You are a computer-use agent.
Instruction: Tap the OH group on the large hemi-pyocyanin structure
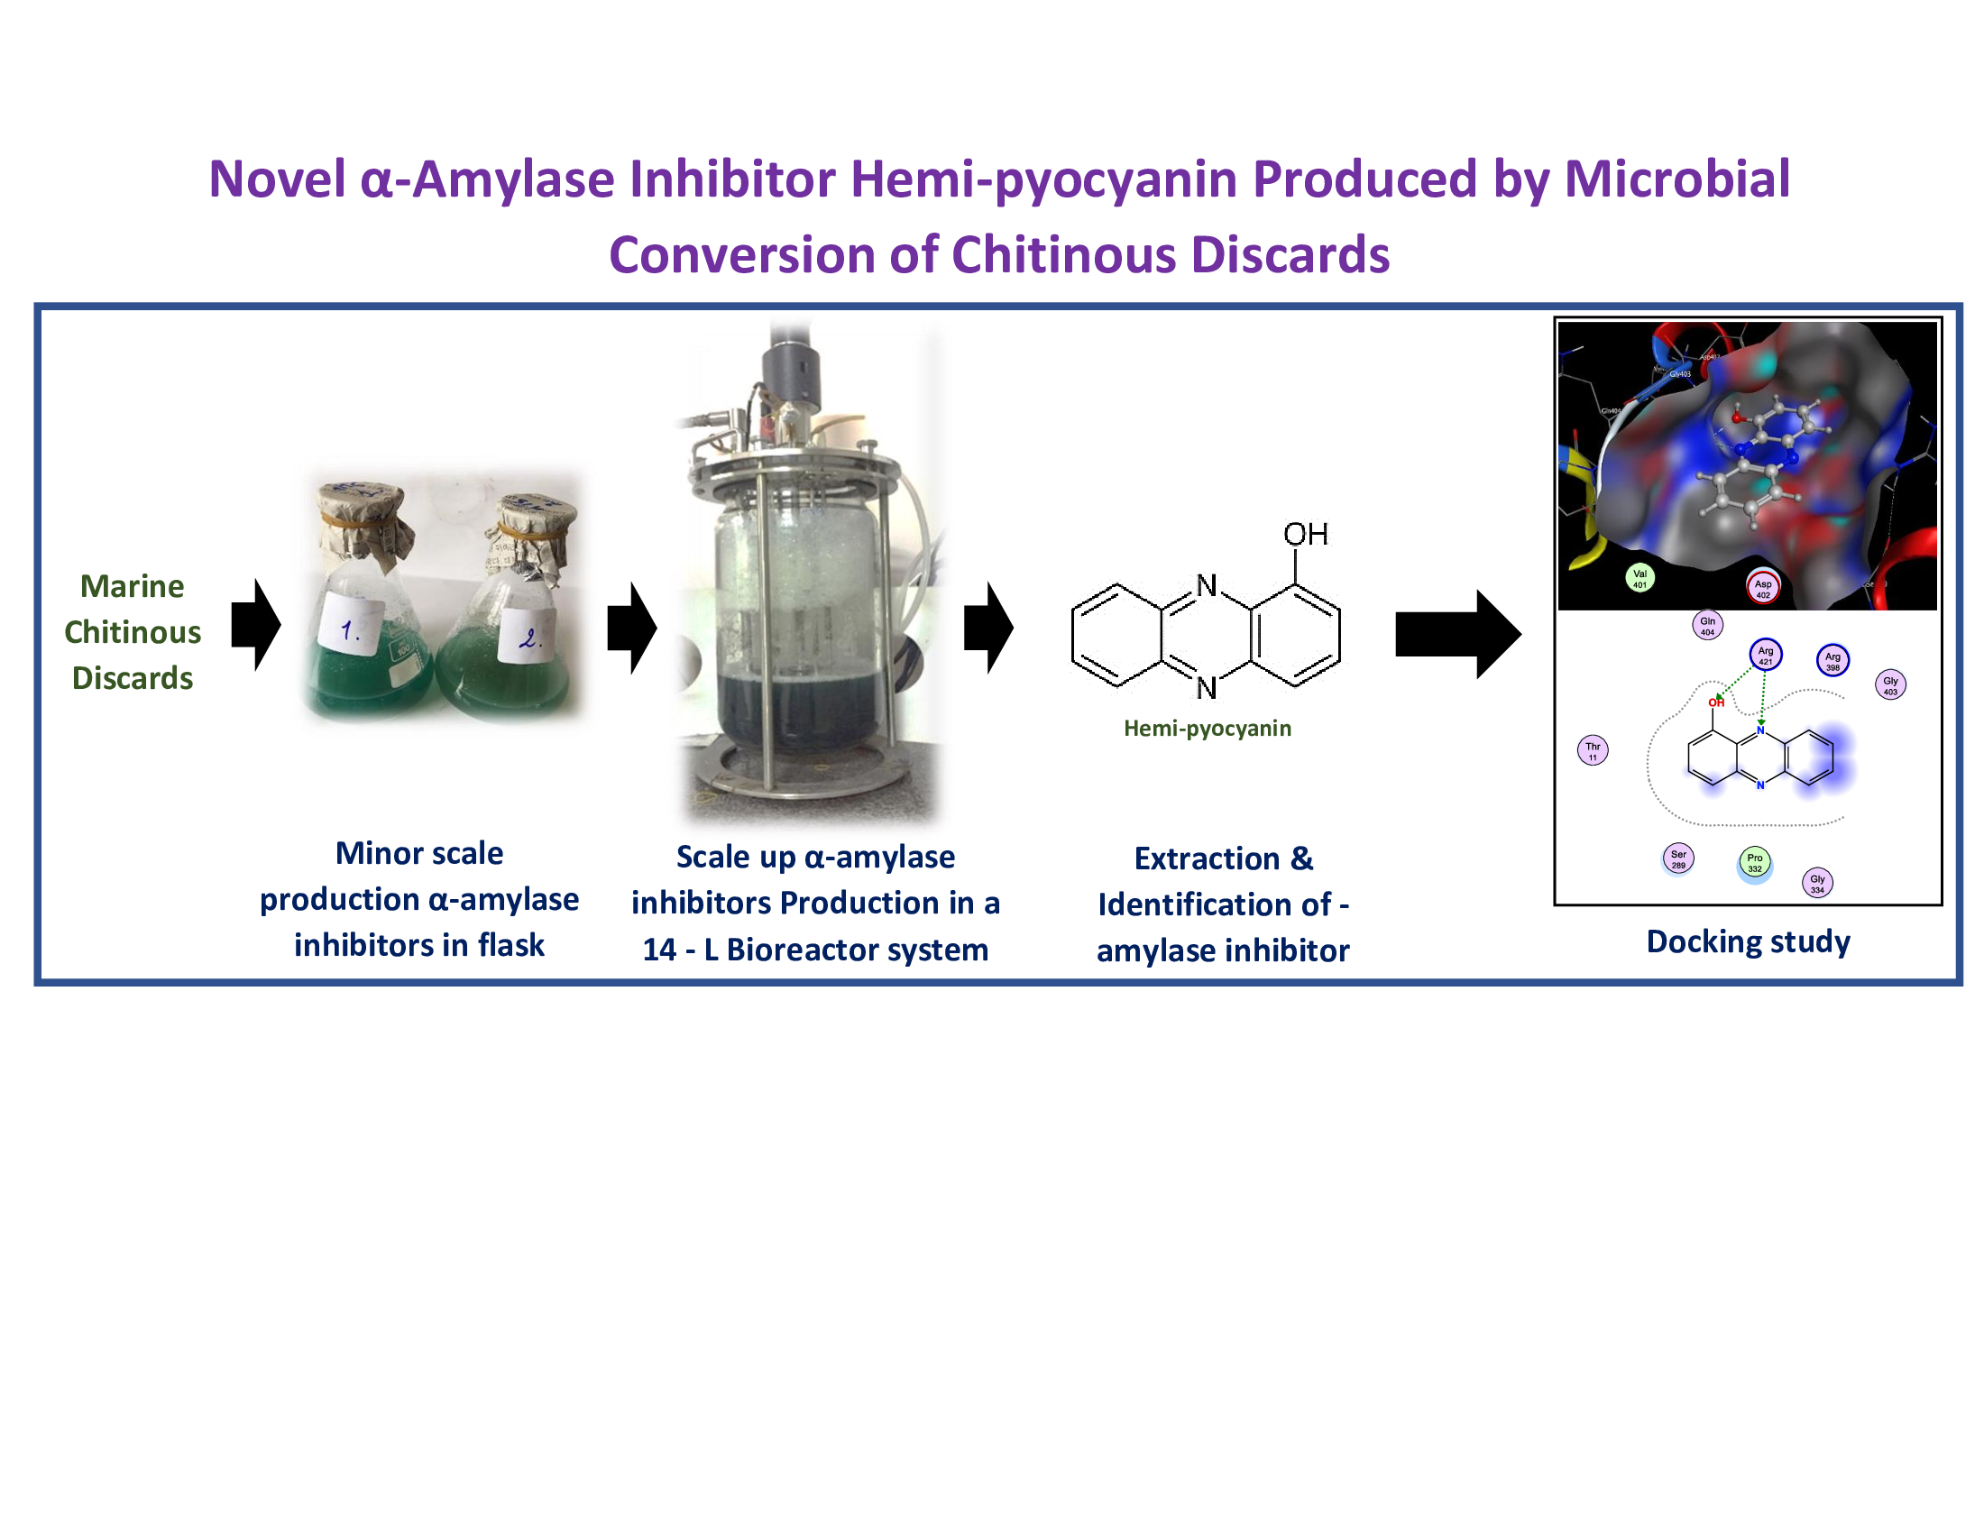1306,534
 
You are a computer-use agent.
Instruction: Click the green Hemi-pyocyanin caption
1208,729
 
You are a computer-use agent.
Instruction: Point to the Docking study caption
1748,941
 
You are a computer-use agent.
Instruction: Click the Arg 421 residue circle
1765,655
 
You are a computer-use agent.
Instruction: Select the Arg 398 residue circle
1832,660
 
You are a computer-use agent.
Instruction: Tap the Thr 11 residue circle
1593,750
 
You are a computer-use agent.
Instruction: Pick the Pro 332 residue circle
1754,862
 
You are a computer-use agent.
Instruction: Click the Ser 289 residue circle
1678,858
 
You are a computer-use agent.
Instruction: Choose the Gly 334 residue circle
1817,883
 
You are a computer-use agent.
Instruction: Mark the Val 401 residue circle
1640,578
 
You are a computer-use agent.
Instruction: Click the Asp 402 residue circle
1762,588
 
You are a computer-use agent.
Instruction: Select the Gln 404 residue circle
1707,625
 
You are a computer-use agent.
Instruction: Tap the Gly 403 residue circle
1890,684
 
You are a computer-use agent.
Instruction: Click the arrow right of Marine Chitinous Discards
255,625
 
